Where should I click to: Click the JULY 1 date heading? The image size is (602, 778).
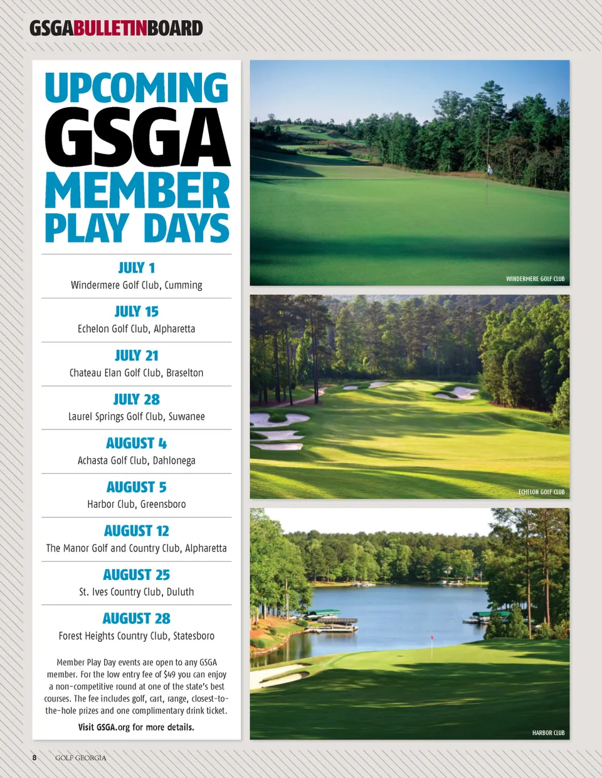(x=137, y=268)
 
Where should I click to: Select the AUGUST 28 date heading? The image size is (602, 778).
(x=137, y=619)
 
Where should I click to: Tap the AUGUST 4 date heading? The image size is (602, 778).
(x=137, y=443)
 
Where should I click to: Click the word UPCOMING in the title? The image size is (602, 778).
(x=137, y=88)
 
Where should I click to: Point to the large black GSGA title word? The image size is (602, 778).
(x=137, y=138)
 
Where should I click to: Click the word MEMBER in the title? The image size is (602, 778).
(x=137, y=191)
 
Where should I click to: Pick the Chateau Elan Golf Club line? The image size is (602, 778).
(x=137, y=373)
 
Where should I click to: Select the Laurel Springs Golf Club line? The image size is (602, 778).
(x=137, y=417)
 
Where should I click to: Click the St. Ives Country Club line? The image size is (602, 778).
(x=137, y=592)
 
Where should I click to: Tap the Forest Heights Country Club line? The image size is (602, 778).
(x=137, y=636)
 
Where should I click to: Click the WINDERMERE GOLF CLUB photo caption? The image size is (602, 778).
(x=535, y=279)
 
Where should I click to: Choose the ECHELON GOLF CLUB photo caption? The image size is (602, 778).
(x=541, y=492)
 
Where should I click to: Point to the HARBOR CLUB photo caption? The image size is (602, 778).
(x=548, y=733)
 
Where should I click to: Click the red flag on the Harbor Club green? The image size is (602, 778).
(x=432, y=639)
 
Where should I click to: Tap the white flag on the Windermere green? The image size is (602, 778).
(x=490, y=169)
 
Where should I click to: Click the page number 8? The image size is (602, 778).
(x=34, y=758)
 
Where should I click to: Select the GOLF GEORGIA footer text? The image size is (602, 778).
(x=81, y=758)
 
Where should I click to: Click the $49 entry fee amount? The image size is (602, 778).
(x=169, y=675)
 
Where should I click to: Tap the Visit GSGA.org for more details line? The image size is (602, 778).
(x=136, y=727)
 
